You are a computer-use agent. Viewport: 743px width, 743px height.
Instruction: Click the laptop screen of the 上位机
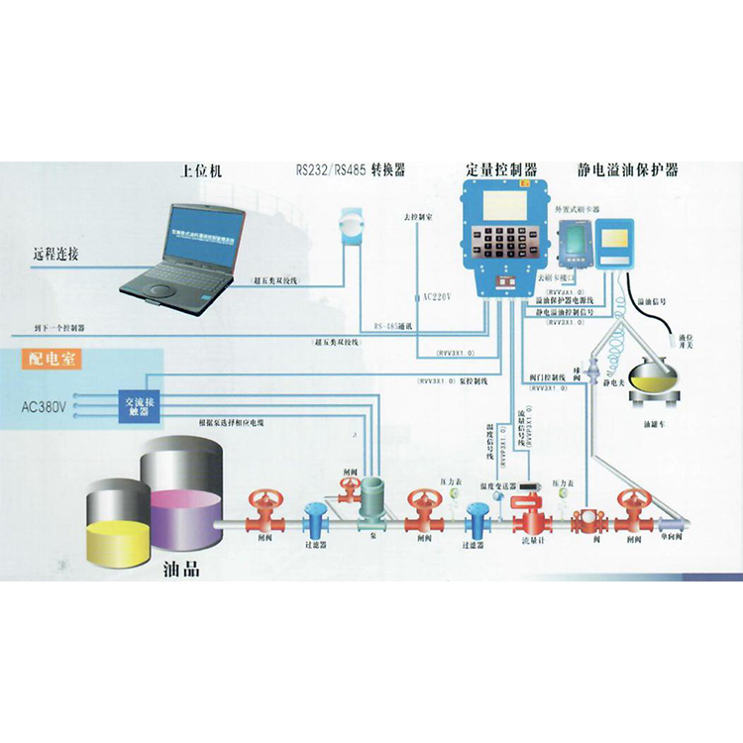pyautogui.click(x=206, y=235)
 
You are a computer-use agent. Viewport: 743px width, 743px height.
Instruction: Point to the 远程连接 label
pyautogui.click(x=54, y=255)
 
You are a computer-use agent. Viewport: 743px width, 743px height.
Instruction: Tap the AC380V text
pyautogui.click(x=45, y=406)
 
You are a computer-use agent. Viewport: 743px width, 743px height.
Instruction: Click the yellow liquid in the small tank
pyautogui.click(x=120, y=530)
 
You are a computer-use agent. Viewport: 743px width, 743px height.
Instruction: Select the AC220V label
pyautogui.click(x=432, y=297)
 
